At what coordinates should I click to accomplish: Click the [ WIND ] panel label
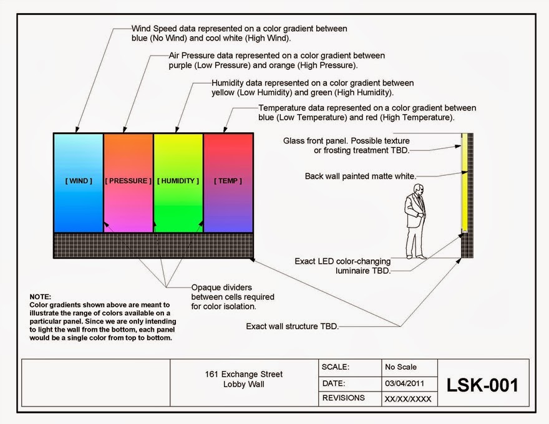[x=79, y=181]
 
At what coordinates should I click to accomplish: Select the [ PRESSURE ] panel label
[x=129, y=181]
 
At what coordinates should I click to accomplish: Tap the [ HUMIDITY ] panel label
[x=178, y=181]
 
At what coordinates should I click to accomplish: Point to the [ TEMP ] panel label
[x=228, y=181]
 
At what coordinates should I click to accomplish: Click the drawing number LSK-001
[x=483, y=385]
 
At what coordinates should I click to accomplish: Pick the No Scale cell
[x=401, y=367]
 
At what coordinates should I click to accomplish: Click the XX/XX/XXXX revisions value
[x=408, y=398]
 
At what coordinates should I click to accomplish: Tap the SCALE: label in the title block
[x=336, y=367]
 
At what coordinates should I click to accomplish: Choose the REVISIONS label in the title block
[x=344, y=397]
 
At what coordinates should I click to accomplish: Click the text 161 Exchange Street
[x=243, y=374]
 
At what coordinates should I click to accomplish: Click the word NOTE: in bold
[x=41, y=296]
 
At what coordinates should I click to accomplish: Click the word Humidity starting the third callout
[x=229, y=83]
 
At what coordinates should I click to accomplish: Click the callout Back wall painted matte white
[x=360, y=176]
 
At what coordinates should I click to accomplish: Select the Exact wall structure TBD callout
[x=292, y=325]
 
